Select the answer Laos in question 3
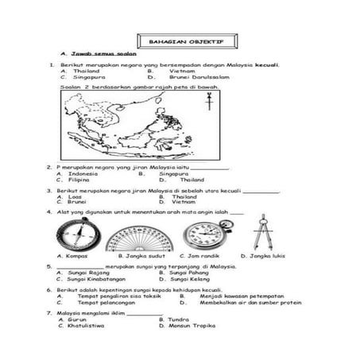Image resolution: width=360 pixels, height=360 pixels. [75, 196]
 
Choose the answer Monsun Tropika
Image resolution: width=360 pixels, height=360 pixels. [192, 326]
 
